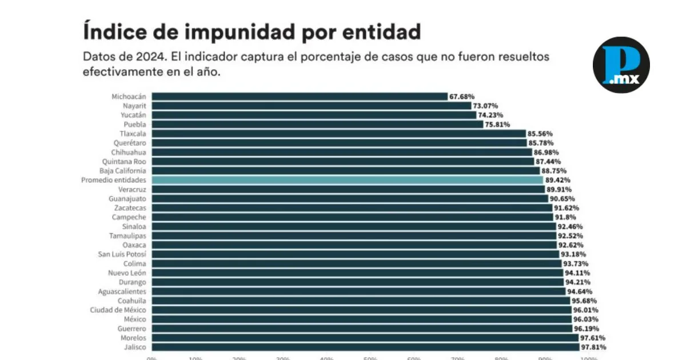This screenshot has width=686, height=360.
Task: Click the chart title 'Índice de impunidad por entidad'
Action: coord(252,31)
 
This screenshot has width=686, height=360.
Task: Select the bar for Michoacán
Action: coord(300,97)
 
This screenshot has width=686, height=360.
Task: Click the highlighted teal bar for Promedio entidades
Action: coord(347,180)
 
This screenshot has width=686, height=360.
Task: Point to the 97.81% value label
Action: coord(593,347)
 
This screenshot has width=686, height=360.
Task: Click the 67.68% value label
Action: coord(462,97)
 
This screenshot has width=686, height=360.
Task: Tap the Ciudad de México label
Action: coord(118,310)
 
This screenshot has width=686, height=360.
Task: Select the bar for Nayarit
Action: coord(311,106)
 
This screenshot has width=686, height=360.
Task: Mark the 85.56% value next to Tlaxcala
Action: coord(540,134)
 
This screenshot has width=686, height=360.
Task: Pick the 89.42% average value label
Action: coord(558,180)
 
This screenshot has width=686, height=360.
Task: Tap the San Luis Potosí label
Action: coord(122,254)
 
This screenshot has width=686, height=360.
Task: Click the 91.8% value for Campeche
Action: coord(565,217)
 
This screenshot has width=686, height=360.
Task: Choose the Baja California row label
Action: coord(123,171)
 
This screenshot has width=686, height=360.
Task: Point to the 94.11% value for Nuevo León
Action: coord(577,273)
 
